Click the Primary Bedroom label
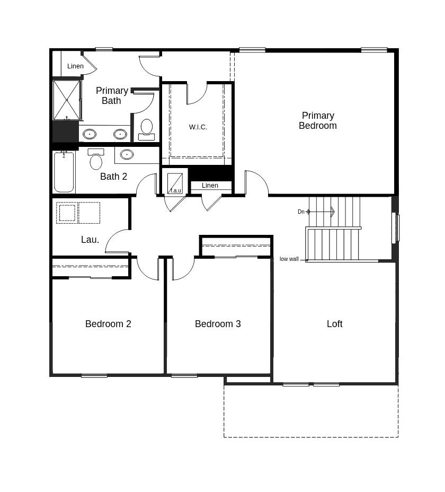(x=318, y=121)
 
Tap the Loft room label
(x=334, y=324)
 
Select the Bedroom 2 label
(x=108, y=324)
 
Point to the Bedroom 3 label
(x=218, y=324)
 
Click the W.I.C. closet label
(x=198, y=127)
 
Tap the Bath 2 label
(x=114, y=177)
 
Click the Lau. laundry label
(x=90, y=240)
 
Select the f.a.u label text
(x=175, y=190)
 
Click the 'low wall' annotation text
(x=289, y=259)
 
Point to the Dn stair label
(x=301, y=212)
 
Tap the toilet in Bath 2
(x=96, y=160)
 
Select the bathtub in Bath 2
(x=64, y=172)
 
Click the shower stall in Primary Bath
(x=67, y=100)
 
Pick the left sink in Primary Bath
(x=90, y=134)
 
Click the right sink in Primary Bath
(x=120, y=134)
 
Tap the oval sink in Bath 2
(x=127, y=154)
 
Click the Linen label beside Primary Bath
(x=75, y=66)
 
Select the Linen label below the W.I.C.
(x=210, y=186)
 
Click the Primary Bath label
(x=112, y=95)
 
